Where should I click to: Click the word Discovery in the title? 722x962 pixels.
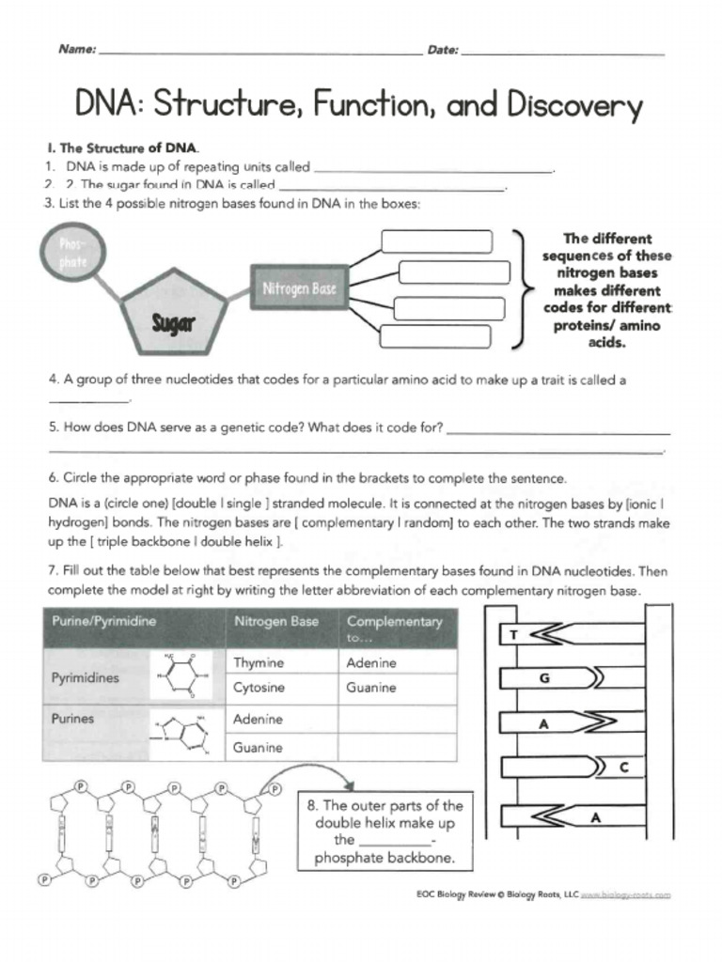pos(573,105)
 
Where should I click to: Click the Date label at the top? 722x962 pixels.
pos(443,50)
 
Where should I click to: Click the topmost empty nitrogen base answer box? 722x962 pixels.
pos(436,241)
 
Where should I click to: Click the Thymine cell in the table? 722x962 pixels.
pos(259,662)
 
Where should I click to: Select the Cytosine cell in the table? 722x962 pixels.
pos(259,688)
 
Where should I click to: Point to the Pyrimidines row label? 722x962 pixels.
pos(86,678)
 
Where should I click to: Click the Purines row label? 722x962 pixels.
pos(73,719)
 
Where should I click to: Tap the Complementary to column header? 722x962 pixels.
pos(393,628)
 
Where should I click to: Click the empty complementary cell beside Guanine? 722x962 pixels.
pos(397,748)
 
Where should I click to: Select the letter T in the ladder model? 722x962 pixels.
pos(513,635)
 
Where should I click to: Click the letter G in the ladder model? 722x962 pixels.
pos(543,677)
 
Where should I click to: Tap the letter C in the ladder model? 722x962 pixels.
pos(623,768)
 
